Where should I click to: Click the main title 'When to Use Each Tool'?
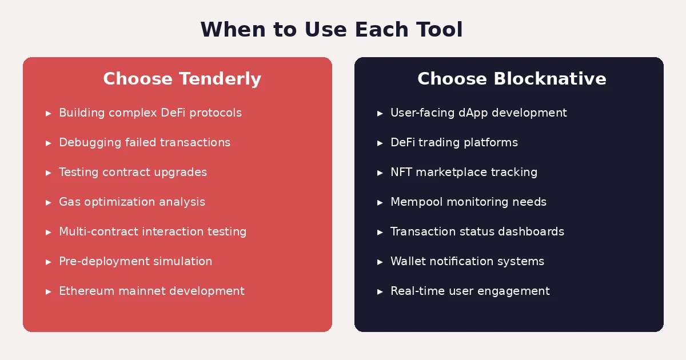(x=332, y=30)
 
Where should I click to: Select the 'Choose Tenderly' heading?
(x=182, y=79)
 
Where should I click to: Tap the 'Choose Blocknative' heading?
(x=512, y=79)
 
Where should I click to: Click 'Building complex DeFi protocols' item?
(x=150, y=113)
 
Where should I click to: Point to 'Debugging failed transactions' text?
(x=145, y=143)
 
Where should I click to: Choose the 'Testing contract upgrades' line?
(x=133, y=173)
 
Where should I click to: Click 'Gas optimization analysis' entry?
(x=132, y=202)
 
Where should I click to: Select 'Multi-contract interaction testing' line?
(x=153, y=232)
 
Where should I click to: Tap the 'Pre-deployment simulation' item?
(x=135, y=262)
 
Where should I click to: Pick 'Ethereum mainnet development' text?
(x=151, y=291)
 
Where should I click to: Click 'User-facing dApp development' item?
(x=478, y=113)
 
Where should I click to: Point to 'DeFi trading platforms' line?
(x=454, y=143)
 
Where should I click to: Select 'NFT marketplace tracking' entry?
(x=464, y=173)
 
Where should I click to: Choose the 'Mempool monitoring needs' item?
(x=468, y=202)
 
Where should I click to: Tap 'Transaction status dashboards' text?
(x=477, y=232)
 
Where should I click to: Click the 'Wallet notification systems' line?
(x=467, y=262)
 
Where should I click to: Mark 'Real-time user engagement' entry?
(x=470, y=291)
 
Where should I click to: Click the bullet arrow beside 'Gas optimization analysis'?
(x=49, y=203)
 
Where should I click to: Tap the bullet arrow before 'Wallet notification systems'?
(x=380, y=262)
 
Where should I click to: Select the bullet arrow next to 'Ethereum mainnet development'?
(x=49, y=292)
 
